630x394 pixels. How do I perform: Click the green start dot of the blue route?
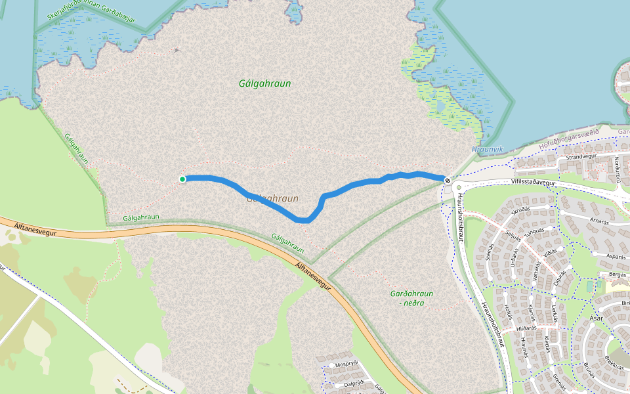(182, 179)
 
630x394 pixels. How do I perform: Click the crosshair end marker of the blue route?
(447, 180)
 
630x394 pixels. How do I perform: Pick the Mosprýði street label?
(345, 364)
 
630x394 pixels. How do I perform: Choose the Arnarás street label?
(599, 223)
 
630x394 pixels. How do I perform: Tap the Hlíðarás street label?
(526, 327)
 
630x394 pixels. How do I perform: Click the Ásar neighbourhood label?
(596, 318)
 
